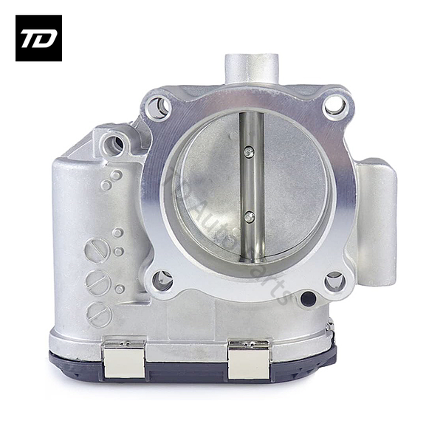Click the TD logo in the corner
38,38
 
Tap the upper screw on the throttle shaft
250,151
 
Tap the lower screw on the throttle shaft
250,216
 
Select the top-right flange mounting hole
334,106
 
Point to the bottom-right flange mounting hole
334,281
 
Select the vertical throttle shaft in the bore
250,185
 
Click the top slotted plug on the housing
97,250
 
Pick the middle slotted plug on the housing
97,283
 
